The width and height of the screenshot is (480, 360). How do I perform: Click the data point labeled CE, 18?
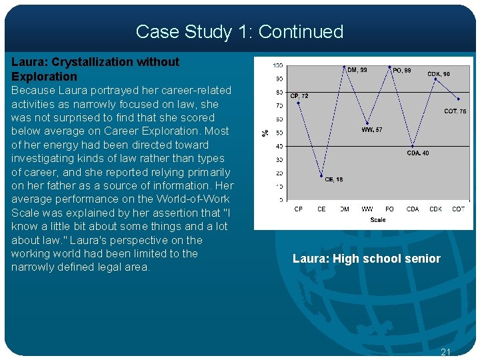coord(321,176)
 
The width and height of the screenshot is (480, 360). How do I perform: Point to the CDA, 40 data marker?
coord(413,146)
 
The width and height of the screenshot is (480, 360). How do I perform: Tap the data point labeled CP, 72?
coord(298,103)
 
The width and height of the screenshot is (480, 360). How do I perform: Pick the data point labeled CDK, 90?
coord(435,79)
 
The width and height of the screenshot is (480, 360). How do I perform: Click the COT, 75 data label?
coord(455,111)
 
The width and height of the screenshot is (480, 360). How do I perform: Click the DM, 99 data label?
coord(357,69)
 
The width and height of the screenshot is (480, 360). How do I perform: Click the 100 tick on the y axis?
coord(277,65)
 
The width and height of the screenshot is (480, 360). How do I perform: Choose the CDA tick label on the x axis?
coord(413,209)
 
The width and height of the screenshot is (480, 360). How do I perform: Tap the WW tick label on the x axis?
coord(367,209)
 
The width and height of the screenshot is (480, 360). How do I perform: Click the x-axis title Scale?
coord(378,219)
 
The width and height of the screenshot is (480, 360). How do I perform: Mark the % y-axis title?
coord(265,132)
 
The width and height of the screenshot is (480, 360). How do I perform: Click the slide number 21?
coord(447,351)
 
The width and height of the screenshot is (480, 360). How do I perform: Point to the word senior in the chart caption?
coord(423,259)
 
